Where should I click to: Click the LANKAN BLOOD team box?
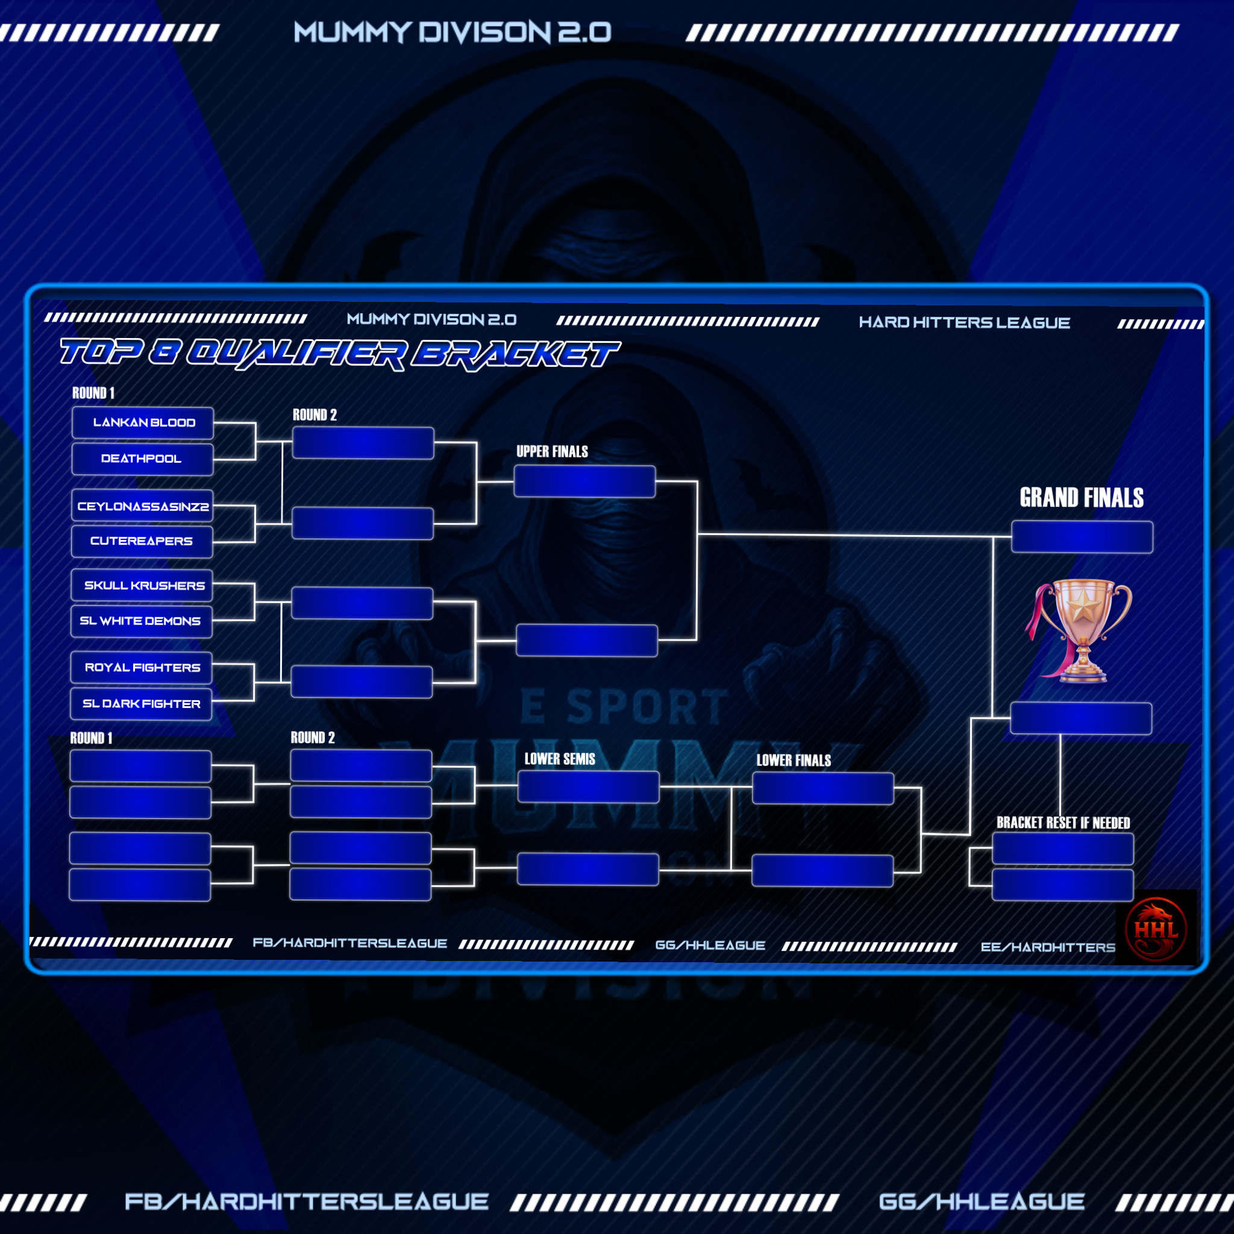(x=142, y=423)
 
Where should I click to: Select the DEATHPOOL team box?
(x=142, y=459)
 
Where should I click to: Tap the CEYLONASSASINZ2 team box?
(x=142, y=507)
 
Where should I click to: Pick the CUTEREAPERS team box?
(x=141, y=541)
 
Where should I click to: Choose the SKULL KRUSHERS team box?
(x=141, y=585)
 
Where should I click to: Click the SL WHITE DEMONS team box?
(x=140, y=621)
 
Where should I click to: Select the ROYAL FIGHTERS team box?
(x=140, y=668)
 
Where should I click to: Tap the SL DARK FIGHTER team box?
(x=140, y=703)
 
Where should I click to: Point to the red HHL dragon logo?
(x=1156, y=928)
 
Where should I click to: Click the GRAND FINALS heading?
(x=1081, y=498)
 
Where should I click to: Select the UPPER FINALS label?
(x=552, y=451)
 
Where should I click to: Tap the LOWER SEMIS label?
(x=560, y=759)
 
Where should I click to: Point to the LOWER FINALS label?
(x=794, y=760)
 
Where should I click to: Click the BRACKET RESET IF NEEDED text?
(x=1063, y=822)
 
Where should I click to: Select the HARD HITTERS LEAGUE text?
(x=964, y=322)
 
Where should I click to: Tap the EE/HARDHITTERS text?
(x=1047, y=947)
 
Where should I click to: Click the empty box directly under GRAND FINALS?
(x=1082, y=536)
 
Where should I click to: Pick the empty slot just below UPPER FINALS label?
(x=584, y=481)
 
